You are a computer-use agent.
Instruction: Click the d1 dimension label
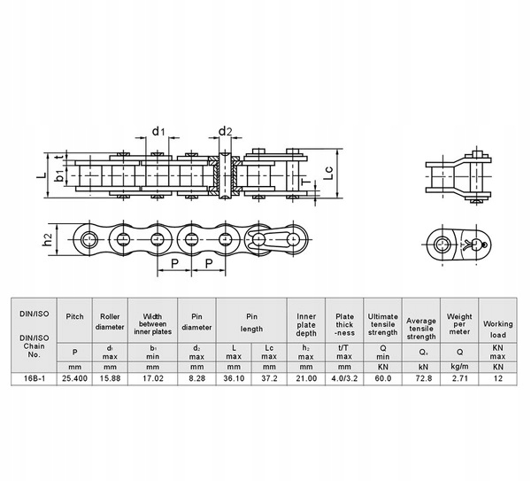158,131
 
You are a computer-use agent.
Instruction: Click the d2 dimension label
226,131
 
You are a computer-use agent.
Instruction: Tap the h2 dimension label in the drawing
50,239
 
